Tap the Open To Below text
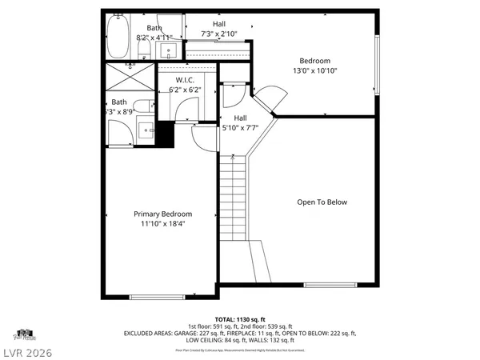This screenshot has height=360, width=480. pyautogui.click(x=322, y=202)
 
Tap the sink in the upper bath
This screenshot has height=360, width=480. pyautogui.click(x=169, y=51)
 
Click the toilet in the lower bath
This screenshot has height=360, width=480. pyautogui.click(x=142, y=109)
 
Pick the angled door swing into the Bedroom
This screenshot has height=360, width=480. pyautogui.click(x=267, y=100)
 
